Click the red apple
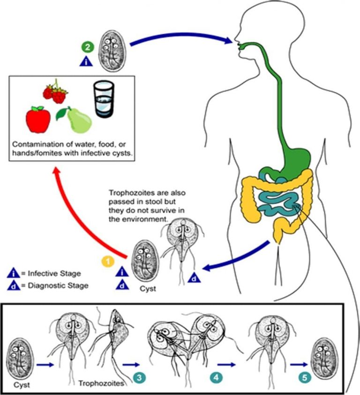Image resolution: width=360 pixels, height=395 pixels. click(x=38, y=119)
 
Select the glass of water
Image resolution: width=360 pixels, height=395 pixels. click(x=103, y=99)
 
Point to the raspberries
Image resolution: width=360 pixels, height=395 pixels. click(x=55, y=92)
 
